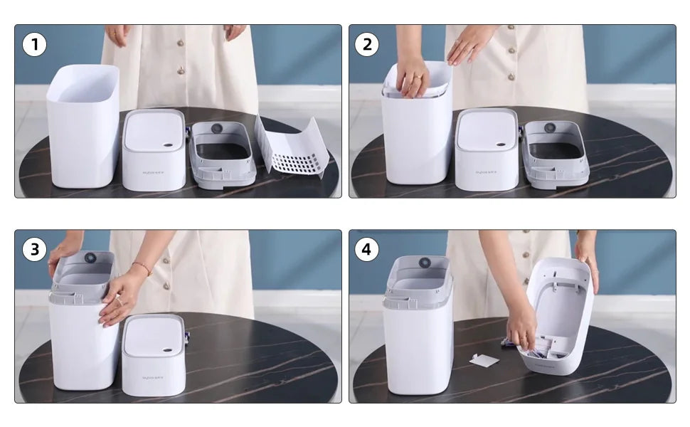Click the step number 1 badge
(34, 45)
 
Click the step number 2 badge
(367, 45)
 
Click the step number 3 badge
(34, 249)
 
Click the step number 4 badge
(366, 249)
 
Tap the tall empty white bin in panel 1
(83, 128)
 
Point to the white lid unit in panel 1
(154, 151)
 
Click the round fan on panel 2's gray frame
(550, 128)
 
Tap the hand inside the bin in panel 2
(412, 76)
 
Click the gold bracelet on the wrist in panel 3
(142, 268)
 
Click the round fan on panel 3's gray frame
(90, 258)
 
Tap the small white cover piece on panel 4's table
(484, 360)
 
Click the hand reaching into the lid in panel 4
(521, 327)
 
